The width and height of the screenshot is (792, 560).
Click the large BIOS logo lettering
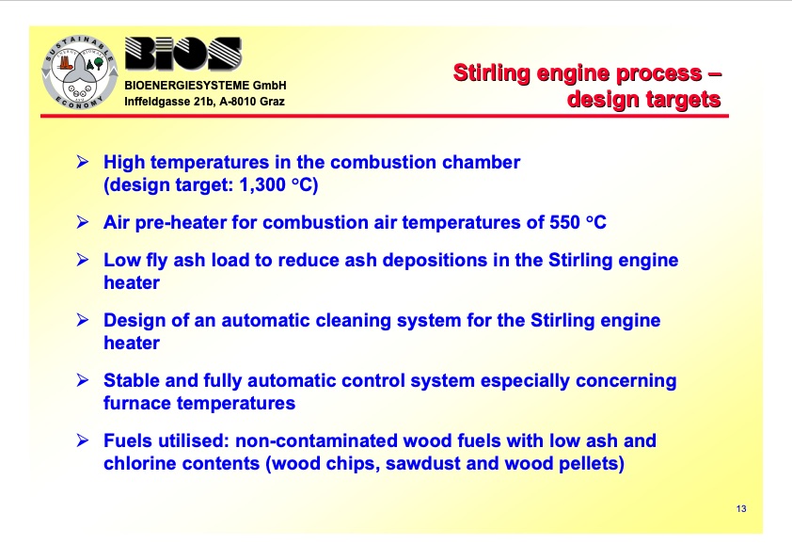click(x=183, y=56)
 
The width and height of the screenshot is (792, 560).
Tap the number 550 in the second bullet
click(x=565, y=223)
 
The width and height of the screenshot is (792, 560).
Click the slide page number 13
click(x=741, y=509)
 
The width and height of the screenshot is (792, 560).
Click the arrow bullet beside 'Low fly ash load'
click(x=83, y=260)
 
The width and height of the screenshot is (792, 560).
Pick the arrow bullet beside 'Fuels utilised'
click(x=83, y=440)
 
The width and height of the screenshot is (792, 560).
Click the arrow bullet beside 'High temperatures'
click(x=83, y=162)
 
